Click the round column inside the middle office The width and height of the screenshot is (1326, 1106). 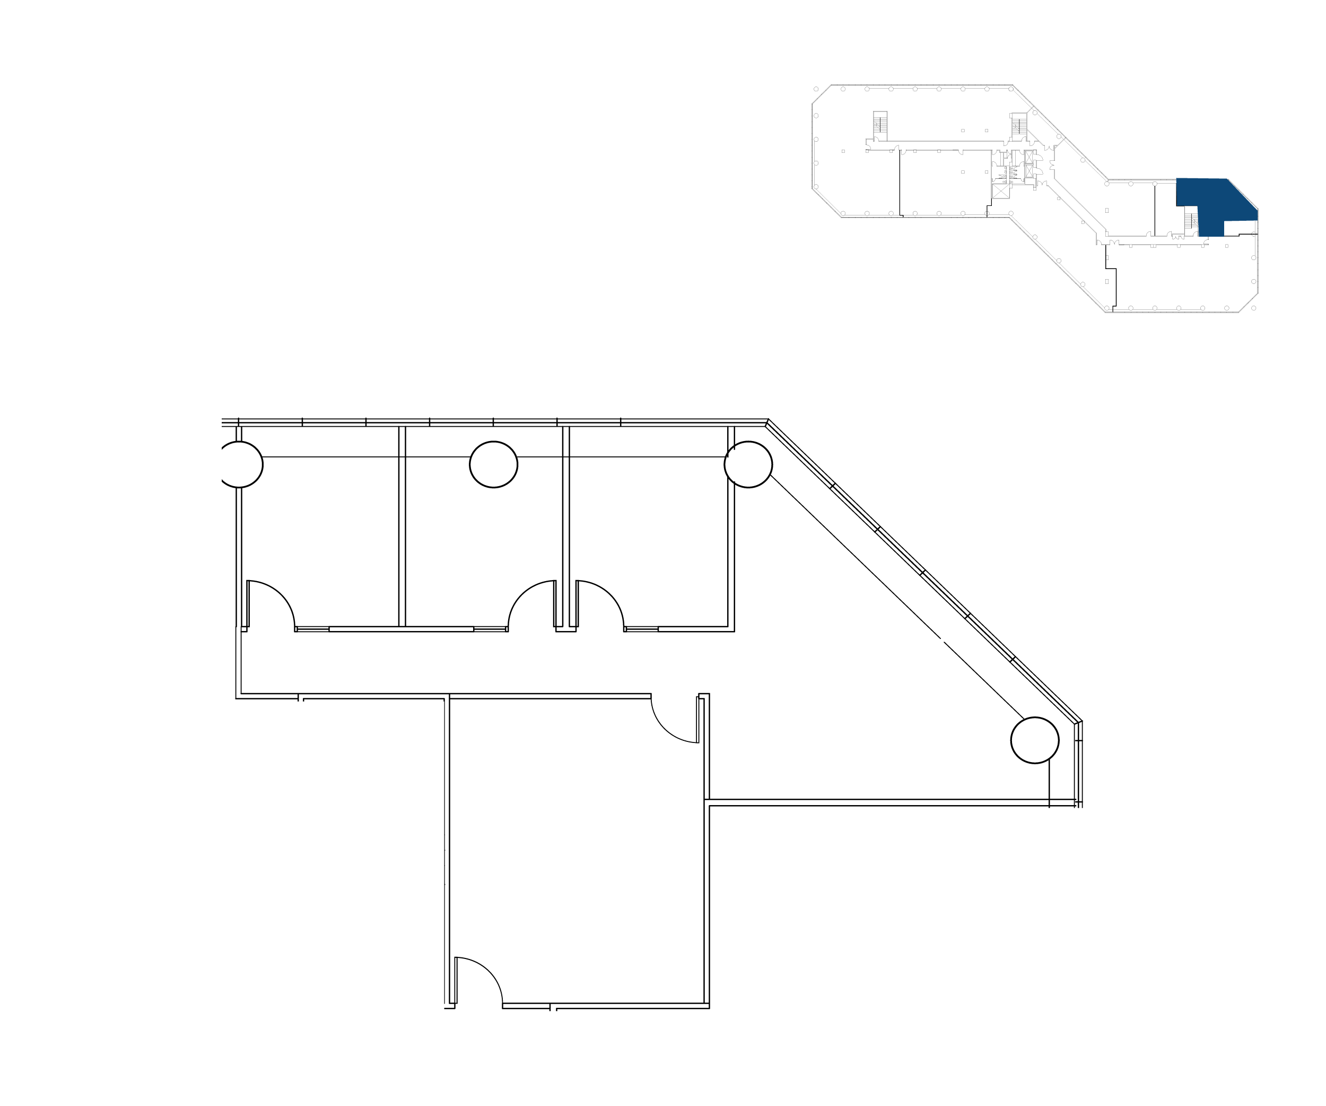pos(493,464)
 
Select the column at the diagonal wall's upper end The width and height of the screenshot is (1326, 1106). pos(748,464)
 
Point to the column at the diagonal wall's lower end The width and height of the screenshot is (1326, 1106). pos(1034,740)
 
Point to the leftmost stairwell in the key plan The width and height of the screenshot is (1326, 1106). pos(879,125)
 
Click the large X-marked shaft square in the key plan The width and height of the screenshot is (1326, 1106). pos(1000,191)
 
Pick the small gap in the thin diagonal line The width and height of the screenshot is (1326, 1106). pos(941,639)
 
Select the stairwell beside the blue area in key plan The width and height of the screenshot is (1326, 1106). pos(1191,221)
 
